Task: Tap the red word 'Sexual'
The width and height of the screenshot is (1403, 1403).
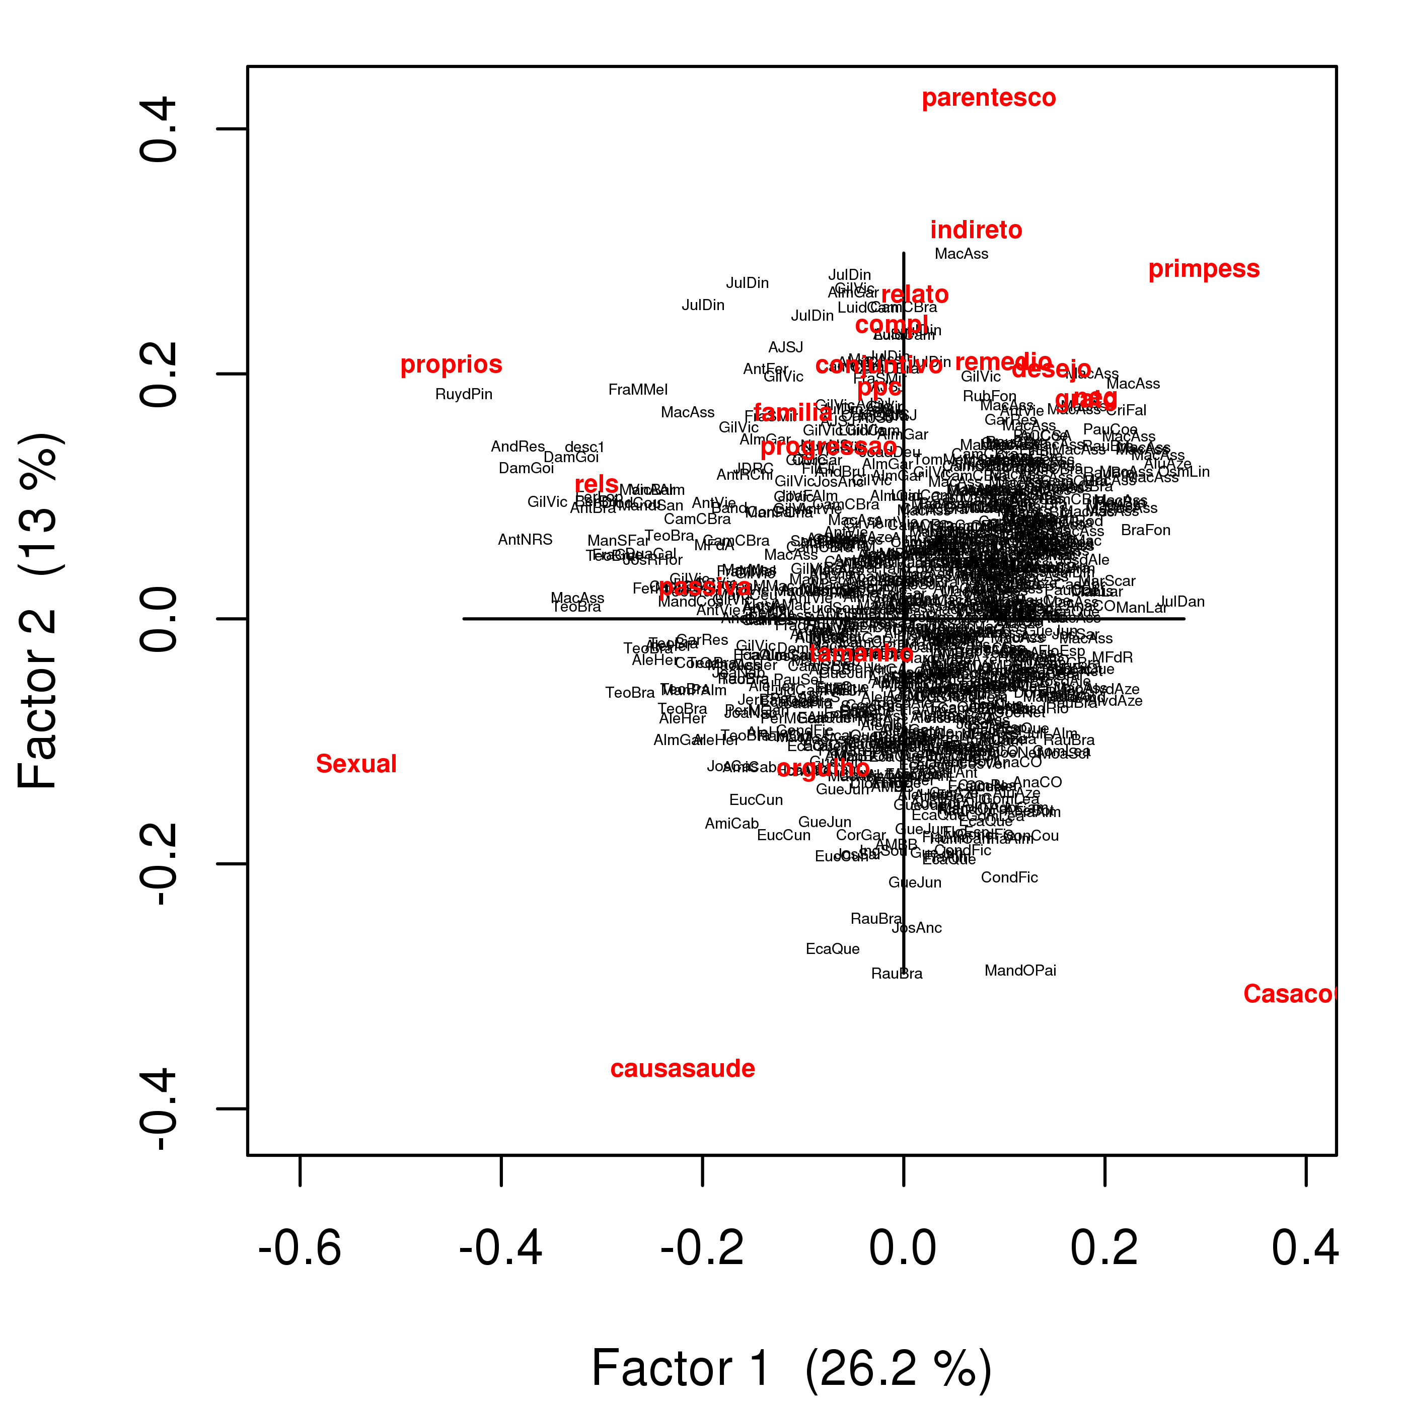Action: (x=356, y=764)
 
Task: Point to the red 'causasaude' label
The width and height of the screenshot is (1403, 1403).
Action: (x=683, y=1069)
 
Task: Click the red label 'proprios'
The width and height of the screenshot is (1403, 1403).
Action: (x=451, y=364)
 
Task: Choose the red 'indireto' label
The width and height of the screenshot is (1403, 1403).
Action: (x=976, y=230)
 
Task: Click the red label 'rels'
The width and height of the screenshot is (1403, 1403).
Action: (x=596, y=484)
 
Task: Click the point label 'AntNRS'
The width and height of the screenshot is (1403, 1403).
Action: (x=525, y=540)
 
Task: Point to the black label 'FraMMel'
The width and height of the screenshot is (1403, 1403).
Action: (x=638, y=390)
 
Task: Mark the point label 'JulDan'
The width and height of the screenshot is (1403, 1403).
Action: (x=1182, y=602)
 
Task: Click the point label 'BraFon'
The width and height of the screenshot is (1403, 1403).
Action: (x=1145, y=530)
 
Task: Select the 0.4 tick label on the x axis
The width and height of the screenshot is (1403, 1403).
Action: (x=1305, y=1249)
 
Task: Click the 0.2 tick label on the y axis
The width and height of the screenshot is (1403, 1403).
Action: (x=158, y=374)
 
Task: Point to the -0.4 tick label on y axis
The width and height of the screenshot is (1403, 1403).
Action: (x=158, y=1110)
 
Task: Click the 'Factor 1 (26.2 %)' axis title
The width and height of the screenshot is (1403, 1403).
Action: (x=791, y=1368)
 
